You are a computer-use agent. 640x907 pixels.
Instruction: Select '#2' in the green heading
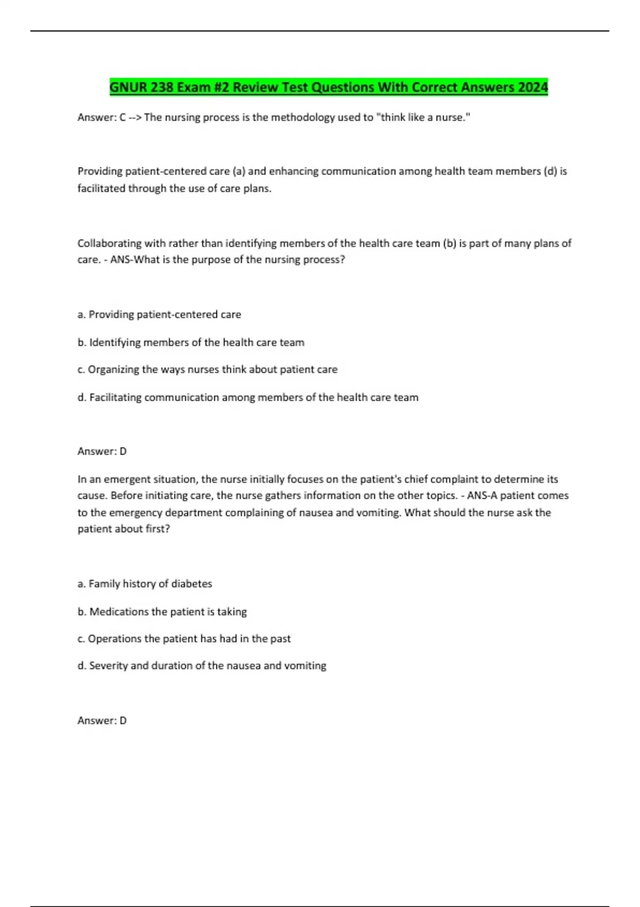221,87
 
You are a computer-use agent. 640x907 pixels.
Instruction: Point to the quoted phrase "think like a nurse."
423,117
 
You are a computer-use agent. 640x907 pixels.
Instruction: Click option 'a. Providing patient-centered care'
159,315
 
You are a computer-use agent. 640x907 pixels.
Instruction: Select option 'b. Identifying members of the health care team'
191,343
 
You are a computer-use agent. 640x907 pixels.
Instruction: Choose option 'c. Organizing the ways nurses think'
207,369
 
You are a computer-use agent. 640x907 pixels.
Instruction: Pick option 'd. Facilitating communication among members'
247,397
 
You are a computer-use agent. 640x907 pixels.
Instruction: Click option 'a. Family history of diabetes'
145,584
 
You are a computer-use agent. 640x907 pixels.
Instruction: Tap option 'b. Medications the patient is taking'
162,611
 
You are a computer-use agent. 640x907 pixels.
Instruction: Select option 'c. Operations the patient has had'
184,639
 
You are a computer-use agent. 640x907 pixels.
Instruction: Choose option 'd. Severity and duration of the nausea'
202,666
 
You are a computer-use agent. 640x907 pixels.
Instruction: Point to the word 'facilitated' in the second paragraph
101,188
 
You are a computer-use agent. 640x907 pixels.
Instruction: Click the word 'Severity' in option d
108,666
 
